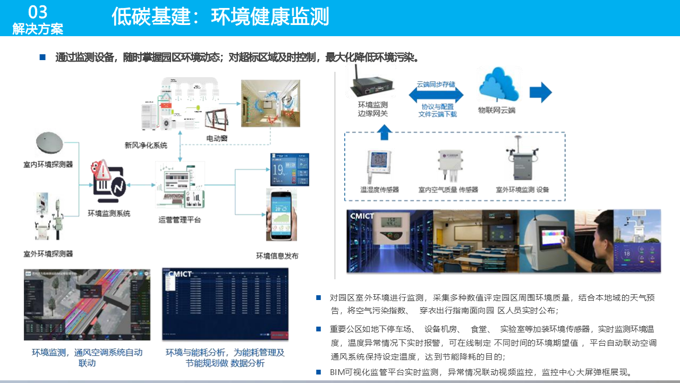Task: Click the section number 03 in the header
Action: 37,12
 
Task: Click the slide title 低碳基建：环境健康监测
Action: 220,17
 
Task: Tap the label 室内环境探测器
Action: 48,164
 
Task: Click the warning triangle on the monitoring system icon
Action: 100,170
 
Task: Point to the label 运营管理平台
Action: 180,220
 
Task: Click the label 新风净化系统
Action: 146,145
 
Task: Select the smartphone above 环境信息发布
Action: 281,215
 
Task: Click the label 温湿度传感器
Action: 379,189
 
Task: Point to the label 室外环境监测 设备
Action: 522,189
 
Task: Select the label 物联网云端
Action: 497,111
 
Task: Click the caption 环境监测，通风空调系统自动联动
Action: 87,357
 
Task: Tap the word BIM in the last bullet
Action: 337,372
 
